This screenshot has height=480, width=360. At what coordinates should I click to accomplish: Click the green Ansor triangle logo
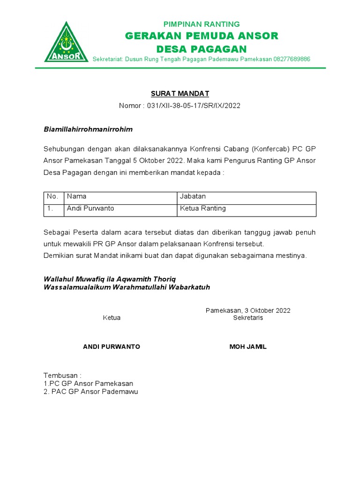pyautogui.click(x=67, y=44)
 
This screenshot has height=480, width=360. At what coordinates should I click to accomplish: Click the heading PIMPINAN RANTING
pyautogui.click(x=201, y=24)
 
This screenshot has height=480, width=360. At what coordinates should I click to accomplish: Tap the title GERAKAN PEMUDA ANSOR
pyautogui.click(x=201, y=36)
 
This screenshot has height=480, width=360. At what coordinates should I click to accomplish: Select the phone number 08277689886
pyautogui.click(x=292, y=59)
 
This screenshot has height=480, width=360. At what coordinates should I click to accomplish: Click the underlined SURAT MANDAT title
pyautogui.click(x=180, y=94)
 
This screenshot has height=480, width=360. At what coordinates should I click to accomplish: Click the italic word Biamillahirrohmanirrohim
pyautogui.click(x=88, y=129)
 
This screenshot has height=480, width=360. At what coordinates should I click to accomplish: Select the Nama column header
pyautogui.click(x=77, y=196)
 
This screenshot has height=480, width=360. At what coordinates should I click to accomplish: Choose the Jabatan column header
pyautogui.click(x=193, y=196)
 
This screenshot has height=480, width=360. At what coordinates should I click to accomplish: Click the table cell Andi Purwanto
pyautogui.click(x=90, y=209)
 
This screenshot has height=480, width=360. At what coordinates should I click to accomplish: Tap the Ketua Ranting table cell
pyautogui.click(x=202, y=209)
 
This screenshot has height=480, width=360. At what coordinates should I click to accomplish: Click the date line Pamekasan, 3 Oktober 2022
pyautogui.click(x=248, y=310)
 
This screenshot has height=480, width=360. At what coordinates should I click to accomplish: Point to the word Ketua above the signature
pyautogui.click(x=112, y=318)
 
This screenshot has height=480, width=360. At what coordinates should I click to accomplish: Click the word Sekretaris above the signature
pyautogui.click(x=248, y=318)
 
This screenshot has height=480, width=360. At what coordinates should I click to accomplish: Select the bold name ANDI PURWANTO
pyautogui.click(x=112, y=347)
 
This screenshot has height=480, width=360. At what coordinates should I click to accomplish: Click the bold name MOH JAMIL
pyautogui.click(x=248, y=347)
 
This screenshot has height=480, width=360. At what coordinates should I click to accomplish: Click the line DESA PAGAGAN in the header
pyautogui.click(x=201, y=49)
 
